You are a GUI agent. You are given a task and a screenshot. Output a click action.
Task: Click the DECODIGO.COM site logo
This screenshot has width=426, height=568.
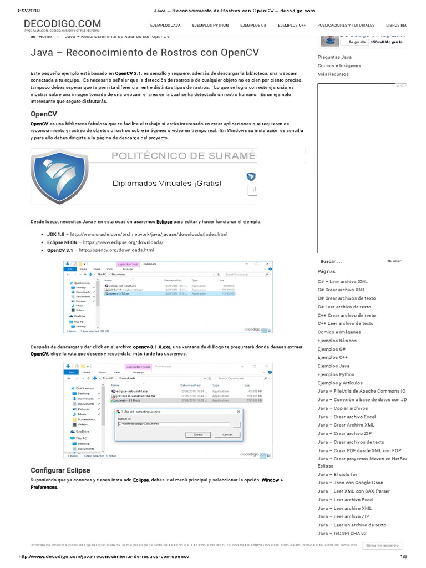62,23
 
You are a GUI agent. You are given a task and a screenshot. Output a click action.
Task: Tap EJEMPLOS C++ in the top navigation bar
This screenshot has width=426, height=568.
292,26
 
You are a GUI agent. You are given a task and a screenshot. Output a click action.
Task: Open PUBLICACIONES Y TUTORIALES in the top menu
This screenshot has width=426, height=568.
346,26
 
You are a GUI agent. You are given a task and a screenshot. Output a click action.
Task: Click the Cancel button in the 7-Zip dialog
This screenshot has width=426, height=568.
227,435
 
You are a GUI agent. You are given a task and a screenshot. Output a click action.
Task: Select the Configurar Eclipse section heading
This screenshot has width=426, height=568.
60,470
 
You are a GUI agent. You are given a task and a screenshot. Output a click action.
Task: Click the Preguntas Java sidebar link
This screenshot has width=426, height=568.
334,57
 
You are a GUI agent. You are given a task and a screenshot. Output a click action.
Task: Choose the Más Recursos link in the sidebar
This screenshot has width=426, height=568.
333,74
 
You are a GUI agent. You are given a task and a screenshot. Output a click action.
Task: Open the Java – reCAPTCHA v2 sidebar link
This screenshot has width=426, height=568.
342,534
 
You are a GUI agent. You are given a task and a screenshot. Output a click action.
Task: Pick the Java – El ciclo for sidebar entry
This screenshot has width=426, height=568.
337,474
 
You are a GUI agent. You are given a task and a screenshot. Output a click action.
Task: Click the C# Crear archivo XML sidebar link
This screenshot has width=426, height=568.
341,290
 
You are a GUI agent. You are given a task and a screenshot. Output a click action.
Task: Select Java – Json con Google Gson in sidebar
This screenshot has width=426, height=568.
350,483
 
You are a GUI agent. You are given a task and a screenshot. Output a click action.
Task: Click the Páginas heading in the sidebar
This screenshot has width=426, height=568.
327,272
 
